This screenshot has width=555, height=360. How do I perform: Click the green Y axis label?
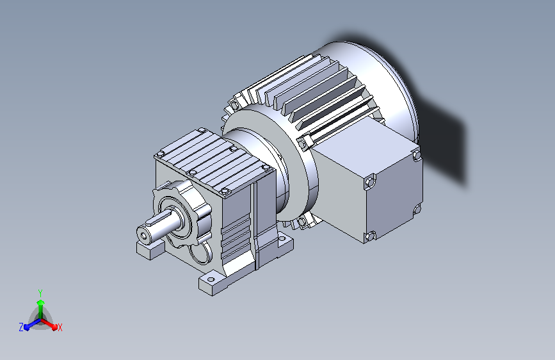pyautogui.click(x=40, y=293)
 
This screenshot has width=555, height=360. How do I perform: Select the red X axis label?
pyautogui.click(x=60, y=328)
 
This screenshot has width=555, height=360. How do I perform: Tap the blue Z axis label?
pyautogui.click(x=21, y=327)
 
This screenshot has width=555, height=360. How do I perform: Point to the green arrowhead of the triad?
pyautogui.click(x=41, y=302)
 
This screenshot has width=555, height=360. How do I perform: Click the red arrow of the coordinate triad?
pyautogui.click(x=48, y=323)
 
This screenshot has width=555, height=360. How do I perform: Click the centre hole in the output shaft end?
pyautogui.click(x=143, y=236)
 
